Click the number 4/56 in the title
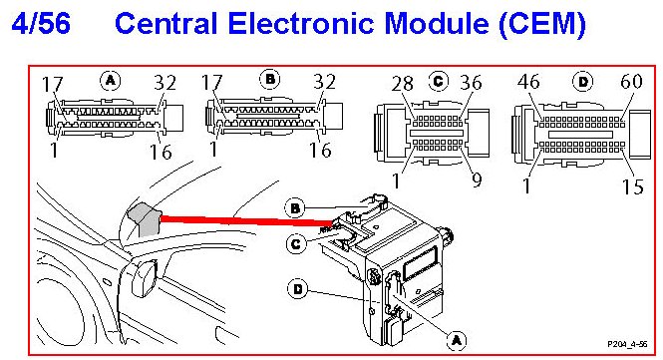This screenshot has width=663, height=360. (x=41, y=23)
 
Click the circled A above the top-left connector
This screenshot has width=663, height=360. (x=111, y=80)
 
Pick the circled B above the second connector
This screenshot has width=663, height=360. (x=270, y=79)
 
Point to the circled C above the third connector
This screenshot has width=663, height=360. (x=439, y=81)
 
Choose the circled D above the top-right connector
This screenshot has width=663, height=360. (x=583, y=81)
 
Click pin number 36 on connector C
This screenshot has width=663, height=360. (x=471, y=83)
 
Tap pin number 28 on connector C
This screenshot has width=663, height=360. (x=402, y=84)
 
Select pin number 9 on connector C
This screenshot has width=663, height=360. (x=477, y=180)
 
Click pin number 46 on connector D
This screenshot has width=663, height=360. (x=528, y=81)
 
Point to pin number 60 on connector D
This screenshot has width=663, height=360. (x=631, y=81)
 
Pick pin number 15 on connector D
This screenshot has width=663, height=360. (x=632, y=186)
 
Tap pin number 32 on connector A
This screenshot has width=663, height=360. (x=165, y=82)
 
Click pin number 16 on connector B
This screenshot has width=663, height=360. (x=320, y=150)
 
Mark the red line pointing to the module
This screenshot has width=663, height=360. (x=245, y=220)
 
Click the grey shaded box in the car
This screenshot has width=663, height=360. (x=144, y=218)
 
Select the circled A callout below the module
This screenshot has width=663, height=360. (x=457, y=340)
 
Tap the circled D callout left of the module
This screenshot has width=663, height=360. (x=298, y=289)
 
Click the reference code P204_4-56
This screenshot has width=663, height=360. (x=627, y=344)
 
